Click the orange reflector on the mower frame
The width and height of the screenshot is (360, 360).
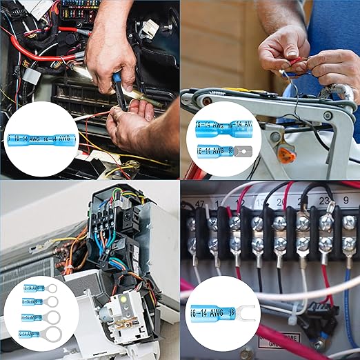coord(286,156)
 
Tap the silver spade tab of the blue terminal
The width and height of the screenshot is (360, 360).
coord(242,150)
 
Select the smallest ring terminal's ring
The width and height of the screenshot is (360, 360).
coord(51,288)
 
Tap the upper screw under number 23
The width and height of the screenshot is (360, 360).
coord(326,223)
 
